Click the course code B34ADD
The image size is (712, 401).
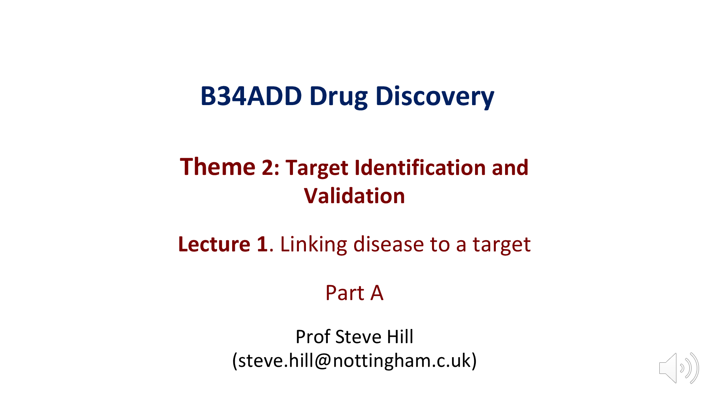[x=251, y=96]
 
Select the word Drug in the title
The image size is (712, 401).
[x=338, y=97]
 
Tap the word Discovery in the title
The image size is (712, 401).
[x=435, y=97]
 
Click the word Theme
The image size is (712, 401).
[x=218, y=167]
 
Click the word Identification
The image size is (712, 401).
[x=420, y=167]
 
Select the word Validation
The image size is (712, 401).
[x=354, y=196]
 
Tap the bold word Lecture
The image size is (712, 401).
[x=214, y=244]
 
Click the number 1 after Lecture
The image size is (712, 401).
[x=262, y=244]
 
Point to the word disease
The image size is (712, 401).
[x=389, y=244]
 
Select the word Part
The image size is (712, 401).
[x=345, y=293]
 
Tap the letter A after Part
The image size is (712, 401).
[x=377, y=293]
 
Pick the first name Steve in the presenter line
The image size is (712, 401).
[x=358, y=337]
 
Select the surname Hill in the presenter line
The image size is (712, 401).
[x=400, y=337]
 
